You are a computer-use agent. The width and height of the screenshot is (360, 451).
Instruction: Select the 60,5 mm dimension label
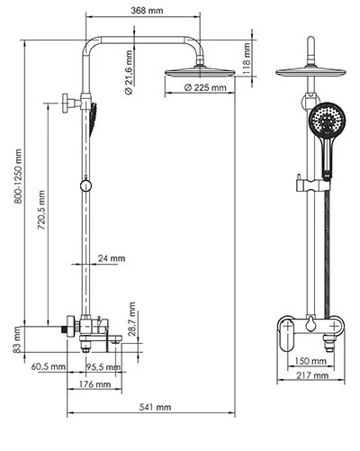pyautogui.click(x=49, y=366)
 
